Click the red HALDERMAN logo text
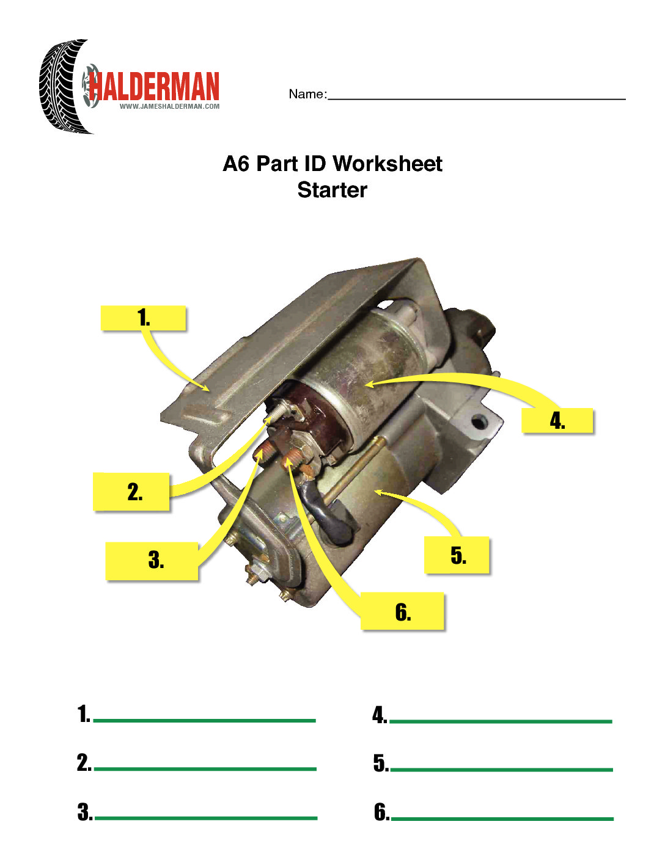(x=154, y=86)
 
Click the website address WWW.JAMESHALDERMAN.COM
(x=169, y=106)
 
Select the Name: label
(x=307, y=94)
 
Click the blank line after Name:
(x=477, y=99)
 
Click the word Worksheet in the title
(x=388, y=164)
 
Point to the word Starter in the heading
(x=332, y=190)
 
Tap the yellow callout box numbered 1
(x=144, y=318)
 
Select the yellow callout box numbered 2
(x=131, y=492)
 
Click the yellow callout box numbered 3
(x=152, y=561)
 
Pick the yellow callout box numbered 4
(x=557, y=420)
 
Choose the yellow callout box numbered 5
(x=457, y=555)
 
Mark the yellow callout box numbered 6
(x=402, y=611)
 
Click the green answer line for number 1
(x=204, y=720)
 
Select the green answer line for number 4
(x=501, y=721)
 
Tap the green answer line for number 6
(x=502, y=818)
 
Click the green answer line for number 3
(x=206, y=817)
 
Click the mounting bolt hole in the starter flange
(x=479, y=423)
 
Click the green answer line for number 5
(x=501, y=770)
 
